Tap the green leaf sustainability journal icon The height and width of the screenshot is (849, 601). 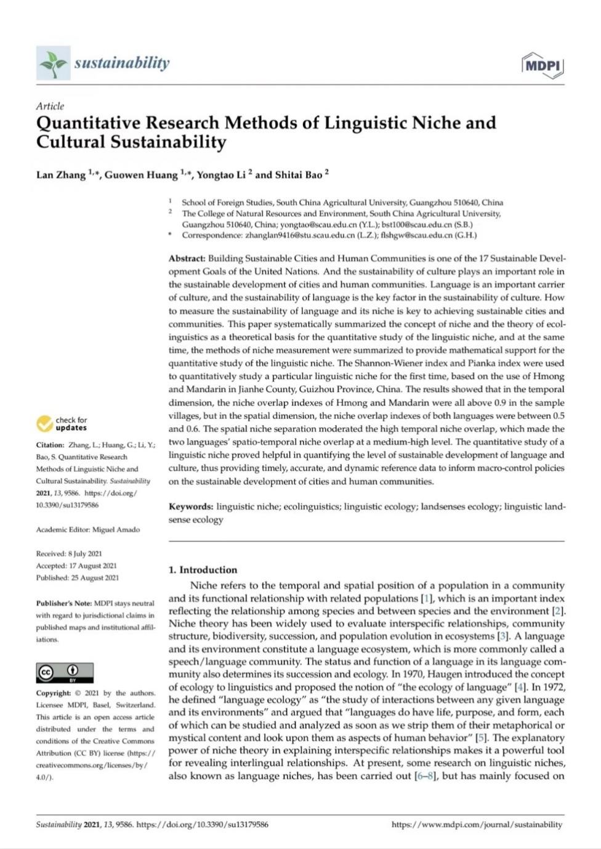(53, 63)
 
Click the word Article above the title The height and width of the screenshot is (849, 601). (50, 106)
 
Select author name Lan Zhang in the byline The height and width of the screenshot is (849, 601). (61, 175)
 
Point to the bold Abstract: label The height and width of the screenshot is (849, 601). (187, 259)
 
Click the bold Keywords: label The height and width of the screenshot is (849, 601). (191, 507)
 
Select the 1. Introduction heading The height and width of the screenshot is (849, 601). (203, 570)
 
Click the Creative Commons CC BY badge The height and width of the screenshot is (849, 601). (65, 673)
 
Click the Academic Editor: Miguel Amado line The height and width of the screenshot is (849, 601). (88, 530)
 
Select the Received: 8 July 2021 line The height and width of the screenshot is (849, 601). (69, 554)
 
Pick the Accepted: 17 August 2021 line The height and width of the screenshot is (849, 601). (76, 566)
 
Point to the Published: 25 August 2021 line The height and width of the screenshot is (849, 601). (78, 578)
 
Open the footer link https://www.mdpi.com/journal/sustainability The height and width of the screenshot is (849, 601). (477, 824)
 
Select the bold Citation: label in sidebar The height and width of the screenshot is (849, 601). (50, 445)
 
